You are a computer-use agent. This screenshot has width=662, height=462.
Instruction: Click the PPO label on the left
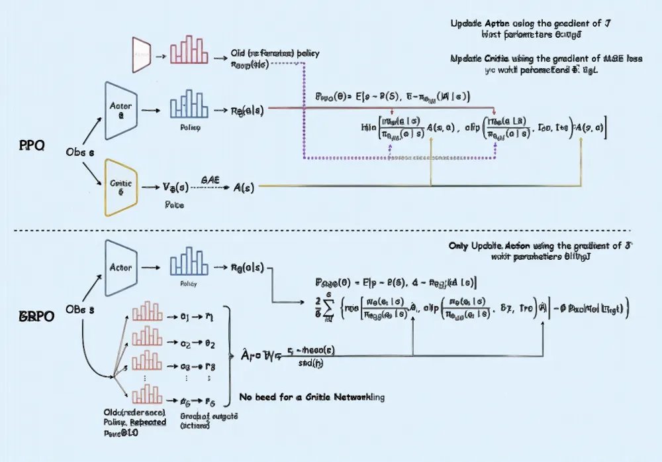(32, 146)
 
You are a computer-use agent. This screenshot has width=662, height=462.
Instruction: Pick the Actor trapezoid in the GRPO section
(120, 268)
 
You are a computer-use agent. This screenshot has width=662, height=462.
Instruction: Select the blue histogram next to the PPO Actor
(189, 106)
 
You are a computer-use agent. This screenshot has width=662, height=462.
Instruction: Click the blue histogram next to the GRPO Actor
(189, 263)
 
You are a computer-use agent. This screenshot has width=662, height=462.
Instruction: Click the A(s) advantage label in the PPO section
(245, 187)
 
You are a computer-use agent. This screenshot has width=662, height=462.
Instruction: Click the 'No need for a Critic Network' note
(310, 397)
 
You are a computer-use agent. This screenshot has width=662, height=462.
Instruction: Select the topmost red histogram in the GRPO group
(147, 313)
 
